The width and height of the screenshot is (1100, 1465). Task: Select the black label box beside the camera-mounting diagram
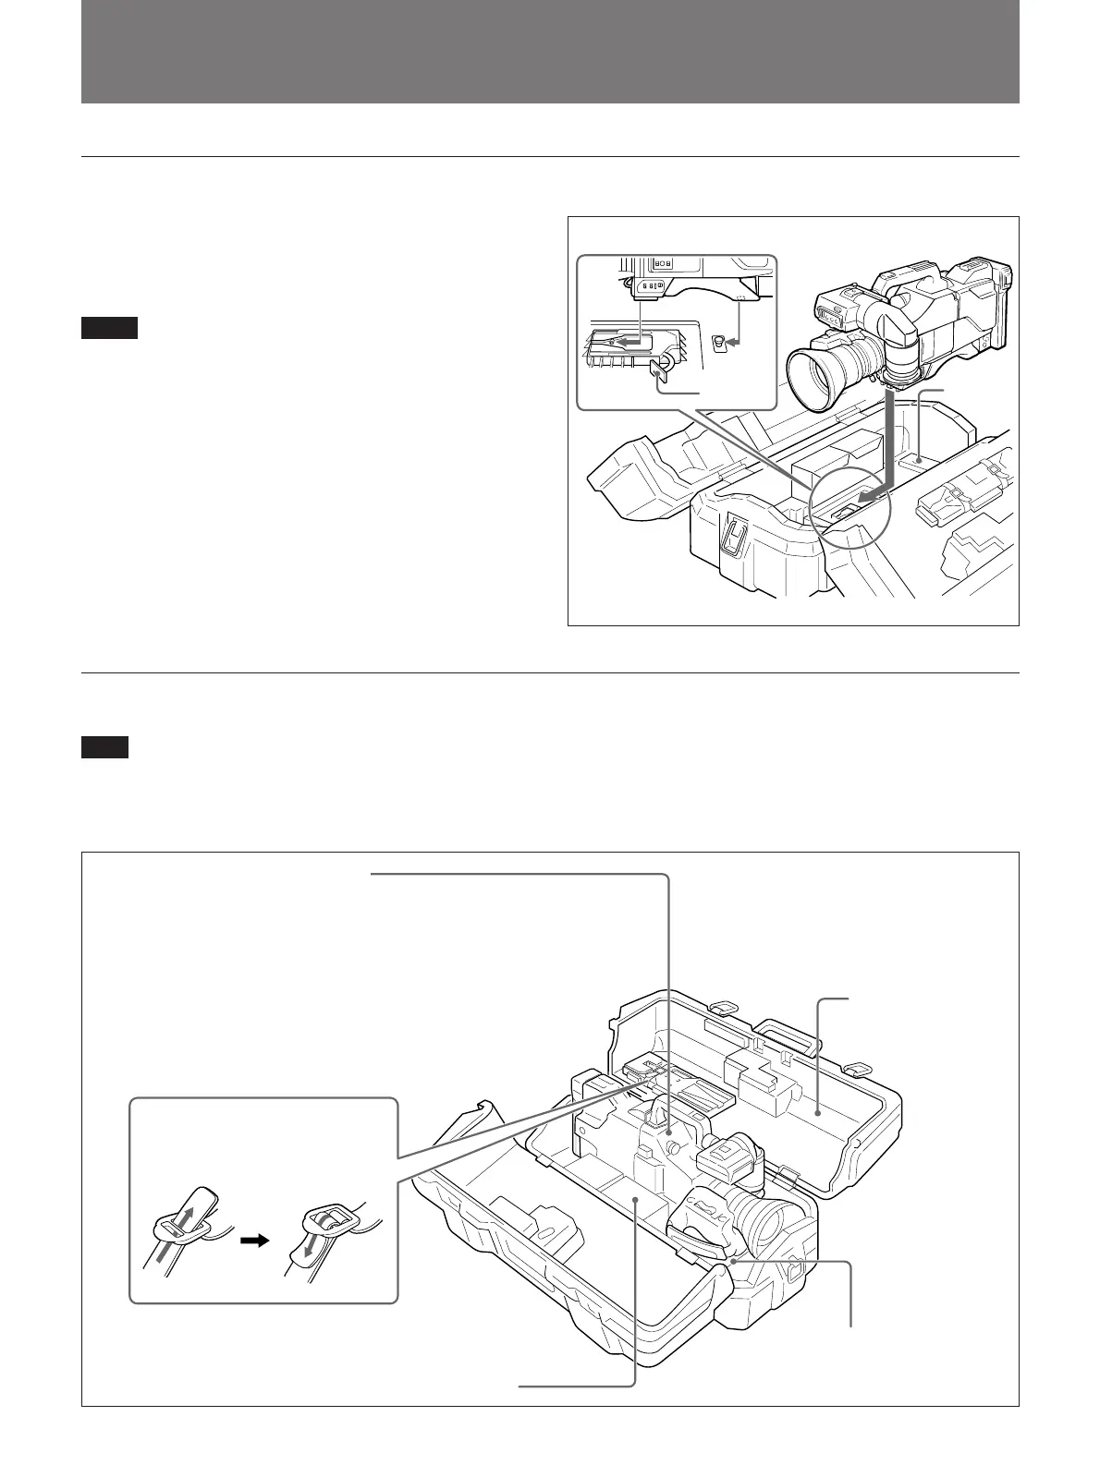tap(109, 328)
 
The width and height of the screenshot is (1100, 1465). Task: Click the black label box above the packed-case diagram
tap(104, 747)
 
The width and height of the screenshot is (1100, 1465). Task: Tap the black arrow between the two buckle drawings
tap(253, 1241)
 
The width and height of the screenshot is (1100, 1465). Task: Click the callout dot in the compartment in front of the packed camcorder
tap(635, 1197)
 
